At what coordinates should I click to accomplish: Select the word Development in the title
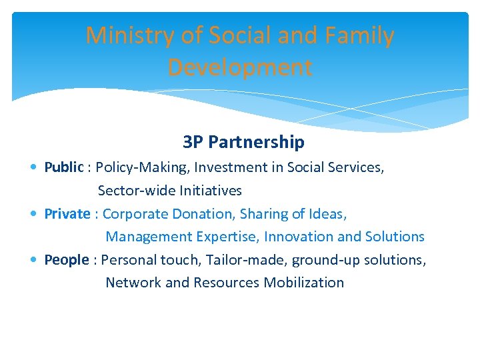240,67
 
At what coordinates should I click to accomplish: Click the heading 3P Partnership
243,142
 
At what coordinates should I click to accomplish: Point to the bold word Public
64,167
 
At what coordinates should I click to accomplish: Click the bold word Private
67,214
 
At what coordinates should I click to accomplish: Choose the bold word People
66,260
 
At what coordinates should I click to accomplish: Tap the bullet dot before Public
35,168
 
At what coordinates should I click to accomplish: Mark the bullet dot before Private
35,215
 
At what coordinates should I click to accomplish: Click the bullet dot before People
35,261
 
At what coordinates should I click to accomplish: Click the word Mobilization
304,283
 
